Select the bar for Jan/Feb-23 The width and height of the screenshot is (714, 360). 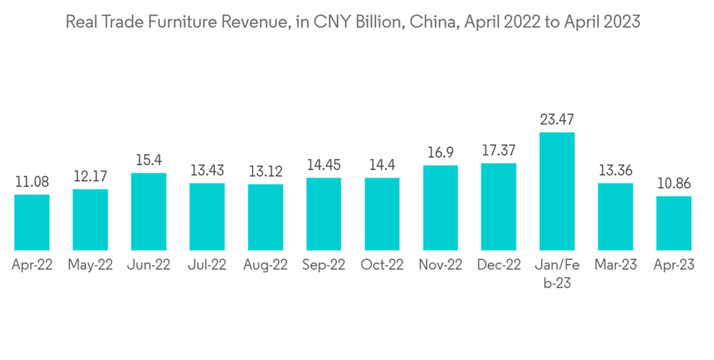point(557,191)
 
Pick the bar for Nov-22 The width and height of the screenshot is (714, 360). point(441,207)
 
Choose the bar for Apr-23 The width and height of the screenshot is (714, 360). point(674,223)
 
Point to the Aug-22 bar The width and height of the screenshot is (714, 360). point(266,216)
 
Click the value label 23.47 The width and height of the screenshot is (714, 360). point(557,119)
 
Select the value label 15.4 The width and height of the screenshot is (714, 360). point(149,161)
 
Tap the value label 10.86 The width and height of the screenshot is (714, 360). point(674,184)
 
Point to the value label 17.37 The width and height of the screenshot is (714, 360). point(498,151)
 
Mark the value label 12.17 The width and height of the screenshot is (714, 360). point(90,176)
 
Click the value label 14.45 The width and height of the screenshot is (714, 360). point(323,165)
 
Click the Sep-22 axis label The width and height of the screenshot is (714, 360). point(323,265)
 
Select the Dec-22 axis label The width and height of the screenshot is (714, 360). point(498,265)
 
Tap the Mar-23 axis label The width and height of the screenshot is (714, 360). point(615,265)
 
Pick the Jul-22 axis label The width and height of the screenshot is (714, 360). point(207,265)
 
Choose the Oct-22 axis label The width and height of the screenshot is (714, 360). point(382,265)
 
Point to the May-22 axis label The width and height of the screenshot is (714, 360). point(90,265)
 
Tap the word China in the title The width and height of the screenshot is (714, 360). point(436,23)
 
